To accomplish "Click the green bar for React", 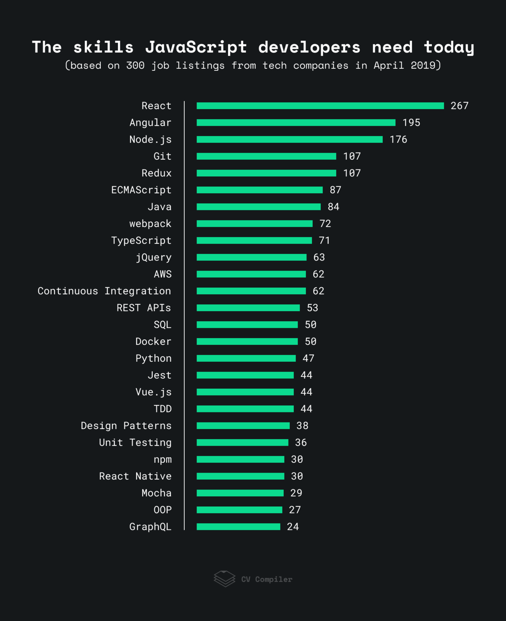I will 320,106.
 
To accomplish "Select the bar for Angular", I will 296,123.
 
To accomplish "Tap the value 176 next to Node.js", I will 398,140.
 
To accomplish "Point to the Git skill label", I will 162,156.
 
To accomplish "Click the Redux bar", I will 266,173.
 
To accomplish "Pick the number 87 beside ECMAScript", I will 336,190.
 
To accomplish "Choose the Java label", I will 159,207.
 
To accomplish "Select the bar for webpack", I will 255,224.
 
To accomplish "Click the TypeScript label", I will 141,241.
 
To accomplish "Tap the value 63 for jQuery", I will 319,258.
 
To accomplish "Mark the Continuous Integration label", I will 104,291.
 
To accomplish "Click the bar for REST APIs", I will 248,308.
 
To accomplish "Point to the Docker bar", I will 247,341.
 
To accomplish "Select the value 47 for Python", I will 309,358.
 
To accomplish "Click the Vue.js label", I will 153,392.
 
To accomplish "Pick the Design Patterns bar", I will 243,426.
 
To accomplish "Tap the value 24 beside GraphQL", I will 293,527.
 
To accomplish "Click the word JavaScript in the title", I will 196,47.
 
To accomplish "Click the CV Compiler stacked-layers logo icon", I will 224,579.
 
